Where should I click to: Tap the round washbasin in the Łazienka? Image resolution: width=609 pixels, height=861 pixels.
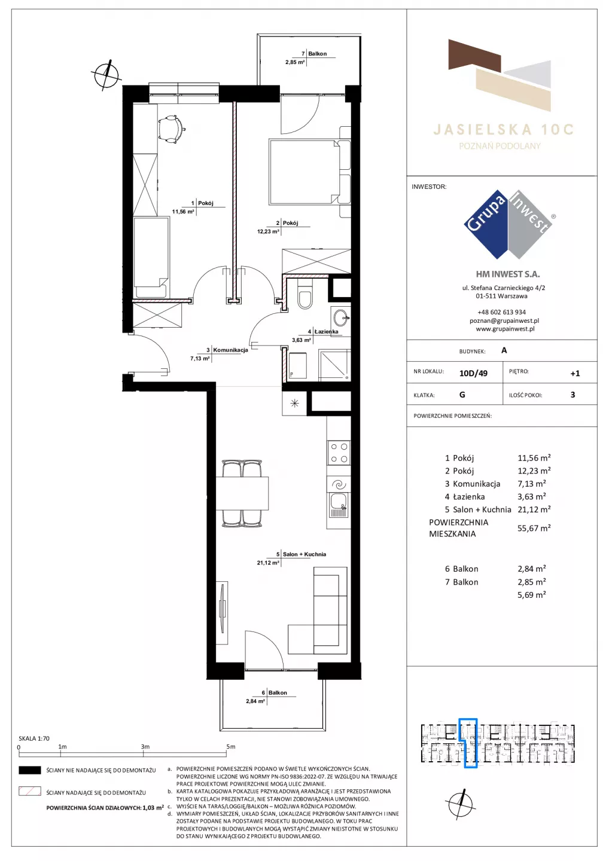pos(340,318)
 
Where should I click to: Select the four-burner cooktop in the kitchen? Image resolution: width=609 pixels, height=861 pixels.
pos(339,453)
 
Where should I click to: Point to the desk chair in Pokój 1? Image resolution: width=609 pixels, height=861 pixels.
pos(170,129)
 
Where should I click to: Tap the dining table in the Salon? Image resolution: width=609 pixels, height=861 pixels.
pos(242,493)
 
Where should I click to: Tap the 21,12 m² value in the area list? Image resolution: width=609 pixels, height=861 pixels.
pos(534,509)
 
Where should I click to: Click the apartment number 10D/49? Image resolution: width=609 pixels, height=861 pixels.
pos(473,373)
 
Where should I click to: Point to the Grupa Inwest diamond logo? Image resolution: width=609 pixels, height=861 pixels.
pos(508,224)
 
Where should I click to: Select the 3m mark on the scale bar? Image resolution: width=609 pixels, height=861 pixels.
pos(145,746)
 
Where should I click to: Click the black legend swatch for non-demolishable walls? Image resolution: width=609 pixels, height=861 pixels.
pos(29,770)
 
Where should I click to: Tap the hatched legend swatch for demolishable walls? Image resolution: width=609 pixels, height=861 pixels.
pos(29,792)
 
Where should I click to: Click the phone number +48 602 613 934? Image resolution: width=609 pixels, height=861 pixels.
pos(501,312)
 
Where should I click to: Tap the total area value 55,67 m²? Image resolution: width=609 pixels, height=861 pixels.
pos(534,528)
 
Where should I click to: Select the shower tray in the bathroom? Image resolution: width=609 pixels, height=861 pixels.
pos(335,365)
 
